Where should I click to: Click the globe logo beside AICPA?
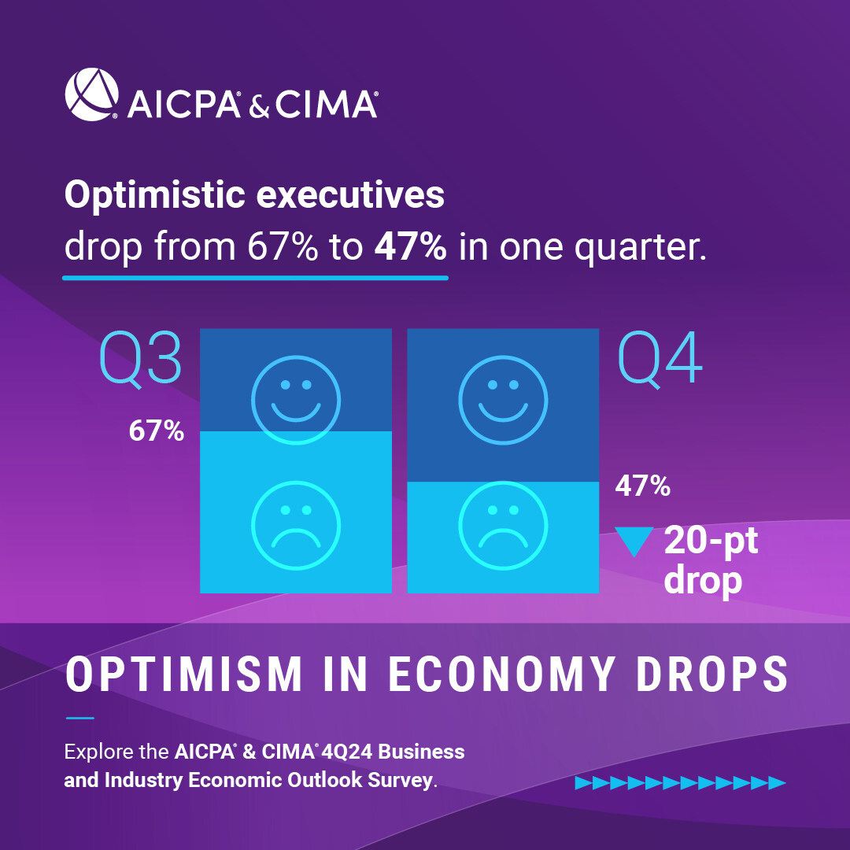pos(91,94)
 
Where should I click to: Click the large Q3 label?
pos(141,358)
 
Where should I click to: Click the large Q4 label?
pos(660,358)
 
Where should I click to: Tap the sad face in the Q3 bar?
pos(295,523)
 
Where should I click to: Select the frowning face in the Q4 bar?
pos(503,523)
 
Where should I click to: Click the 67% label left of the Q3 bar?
pos(157,431)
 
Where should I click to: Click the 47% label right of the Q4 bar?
pos(642,486)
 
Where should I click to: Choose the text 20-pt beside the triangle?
pos(711,541)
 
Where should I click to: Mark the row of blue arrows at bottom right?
pos(681,782)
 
